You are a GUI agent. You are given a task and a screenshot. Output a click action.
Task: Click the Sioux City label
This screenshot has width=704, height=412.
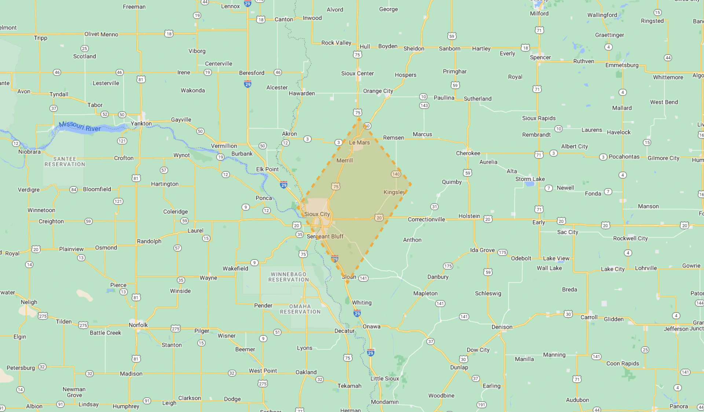pyautogui.click(x=317, y=214)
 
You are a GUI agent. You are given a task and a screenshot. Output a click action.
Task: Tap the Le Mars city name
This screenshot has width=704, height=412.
pyautogui.click(x=359, y=142)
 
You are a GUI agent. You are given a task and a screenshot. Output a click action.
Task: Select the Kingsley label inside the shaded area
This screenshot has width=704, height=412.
pyautogui.click(x=394, y=192)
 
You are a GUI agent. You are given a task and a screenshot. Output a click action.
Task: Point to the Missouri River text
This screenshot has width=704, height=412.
pyautogui.click(x=80, y=127)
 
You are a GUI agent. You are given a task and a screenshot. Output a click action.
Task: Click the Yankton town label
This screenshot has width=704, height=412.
pyautogui.click(x=141, y=123)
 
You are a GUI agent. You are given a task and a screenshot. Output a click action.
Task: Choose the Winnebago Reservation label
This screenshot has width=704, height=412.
pyautogui.click(x=289, y=277)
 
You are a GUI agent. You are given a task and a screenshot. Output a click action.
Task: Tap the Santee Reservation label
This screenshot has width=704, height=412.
pyautogui.click(x=65, y=161)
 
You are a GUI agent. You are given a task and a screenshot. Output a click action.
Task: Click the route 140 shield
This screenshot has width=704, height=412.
pyautogui.click(x=396, y=174)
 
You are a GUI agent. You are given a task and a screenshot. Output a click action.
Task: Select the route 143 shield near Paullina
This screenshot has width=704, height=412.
pyautogui.click(x=424, y=105)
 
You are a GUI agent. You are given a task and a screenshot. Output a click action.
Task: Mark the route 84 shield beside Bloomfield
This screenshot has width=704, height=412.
pyautogui.click(x=74, y=190)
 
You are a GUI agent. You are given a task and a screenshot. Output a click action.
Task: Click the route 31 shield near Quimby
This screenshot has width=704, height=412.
pyautogui.click(x=434, y=207)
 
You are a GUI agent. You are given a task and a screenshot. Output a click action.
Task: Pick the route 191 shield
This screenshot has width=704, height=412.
pyautogui.click(x=481, y=405)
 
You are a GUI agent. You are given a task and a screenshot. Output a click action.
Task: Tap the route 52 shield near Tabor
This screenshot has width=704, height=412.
pyautogui.click(x=105, y=114)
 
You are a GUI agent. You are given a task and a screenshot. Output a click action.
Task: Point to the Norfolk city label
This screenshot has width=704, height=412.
pyautogui.click(x=138, y=325)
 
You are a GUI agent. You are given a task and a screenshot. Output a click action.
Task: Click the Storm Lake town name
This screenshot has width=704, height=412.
pyautogui.click(x=530, y=179)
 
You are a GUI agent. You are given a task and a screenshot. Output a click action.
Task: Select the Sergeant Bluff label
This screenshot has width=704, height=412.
pyautogui.click(x=325, y=236)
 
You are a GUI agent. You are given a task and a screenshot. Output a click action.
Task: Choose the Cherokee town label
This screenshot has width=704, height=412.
pyautogui.click(x=468, y=153)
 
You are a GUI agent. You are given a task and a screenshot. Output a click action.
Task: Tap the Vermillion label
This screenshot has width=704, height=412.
pyautogui.click(x=224, y=146)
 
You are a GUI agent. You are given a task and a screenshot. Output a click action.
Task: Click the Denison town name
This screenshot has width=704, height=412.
pyautogui.click(x=502, y=327)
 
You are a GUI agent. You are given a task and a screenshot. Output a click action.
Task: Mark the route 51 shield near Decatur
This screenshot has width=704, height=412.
pyautogui.click(x=277, y=332)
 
